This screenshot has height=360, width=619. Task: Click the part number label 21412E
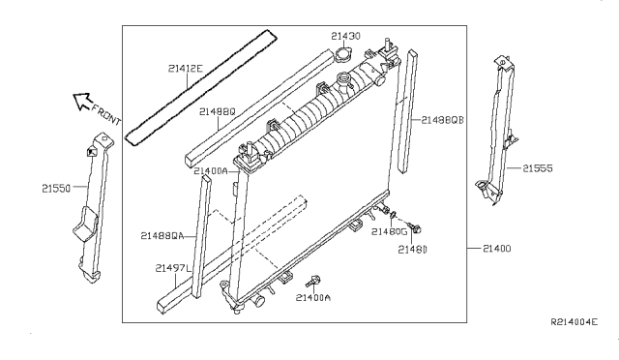coord(185,69)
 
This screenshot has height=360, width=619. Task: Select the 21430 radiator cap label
coord(345,36)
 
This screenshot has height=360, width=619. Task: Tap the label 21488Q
coord(217,112)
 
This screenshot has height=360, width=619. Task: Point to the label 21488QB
coord(442,120)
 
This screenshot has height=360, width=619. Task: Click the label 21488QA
coord(162,236)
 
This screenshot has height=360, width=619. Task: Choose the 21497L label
coord(173,268)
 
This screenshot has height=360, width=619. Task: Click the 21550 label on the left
coord(56,189)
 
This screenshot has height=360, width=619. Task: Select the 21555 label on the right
coord(538,168)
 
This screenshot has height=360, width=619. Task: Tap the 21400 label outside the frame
coord(496,249)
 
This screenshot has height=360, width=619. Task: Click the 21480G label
coord(389,231)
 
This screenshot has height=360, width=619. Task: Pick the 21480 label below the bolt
coord(412,250)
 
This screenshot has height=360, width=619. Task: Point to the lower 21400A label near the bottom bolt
coord(313,297)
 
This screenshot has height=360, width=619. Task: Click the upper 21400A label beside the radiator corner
coord(211,171)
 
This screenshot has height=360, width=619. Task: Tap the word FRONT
coord(106,114)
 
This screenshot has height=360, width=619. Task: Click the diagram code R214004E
coord(574,322)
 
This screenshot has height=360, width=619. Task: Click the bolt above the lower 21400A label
coord(313,282)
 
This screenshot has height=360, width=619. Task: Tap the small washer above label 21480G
coord(394,216)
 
